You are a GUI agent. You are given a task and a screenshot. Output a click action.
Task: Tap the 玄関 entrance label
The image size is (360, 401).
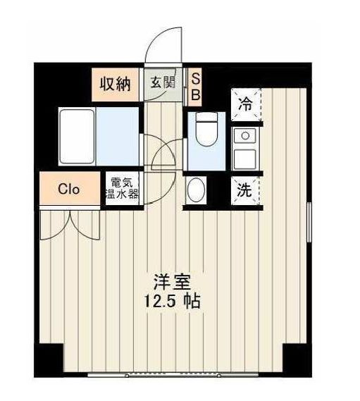162,82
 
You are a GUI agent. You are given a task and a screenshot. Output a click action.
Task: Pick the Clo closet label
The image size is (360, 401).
68,189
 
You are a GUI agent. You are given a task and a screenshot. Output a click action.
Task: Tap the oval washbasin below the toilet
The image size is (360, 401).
196,190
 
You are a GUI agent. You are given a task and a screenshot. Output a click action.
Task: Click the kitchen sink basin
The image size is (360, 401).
244,156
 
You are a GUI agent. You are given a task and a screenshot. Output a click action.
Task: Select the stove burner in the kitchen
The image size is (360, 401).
244,134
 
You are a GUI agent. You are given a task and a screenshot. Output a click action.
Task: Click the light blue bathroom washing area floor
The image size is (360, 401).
118,135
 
